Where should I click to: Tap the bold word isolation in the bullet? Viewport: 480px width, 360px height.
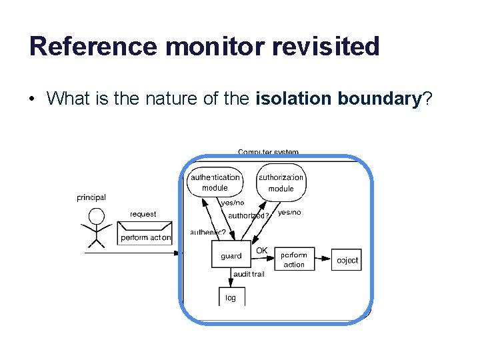point(293,99)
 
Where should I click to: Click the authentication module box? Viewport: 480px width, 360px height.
point(214,182)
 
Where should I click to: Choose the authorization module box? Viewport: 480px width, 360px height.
point(281,183)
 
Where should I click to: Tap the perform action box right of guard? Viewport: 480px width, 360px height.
point(294,259)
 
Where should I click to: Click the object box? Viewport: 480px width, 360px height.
point(347,260)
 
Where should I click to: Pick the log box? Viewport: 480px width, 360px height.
point(231,297)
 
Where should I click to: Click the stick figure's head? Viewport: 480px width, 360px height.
point(97,216)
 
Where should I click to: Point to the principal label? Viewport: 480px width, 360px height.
point(91,197)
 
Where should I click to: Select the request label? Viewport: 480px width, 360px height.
point(143,214)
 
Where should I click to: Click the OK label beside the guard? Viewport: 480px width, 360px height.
point(262,251)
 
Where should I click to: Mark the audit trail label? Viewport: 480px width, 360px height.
point(249,274)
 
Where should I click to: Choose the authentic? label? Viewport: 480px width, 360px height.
point(208,232)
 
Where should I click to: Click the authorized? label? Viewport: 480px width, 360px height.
point(248,215)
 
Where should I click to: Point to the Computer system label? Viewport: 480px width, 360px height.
point(268,152)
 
